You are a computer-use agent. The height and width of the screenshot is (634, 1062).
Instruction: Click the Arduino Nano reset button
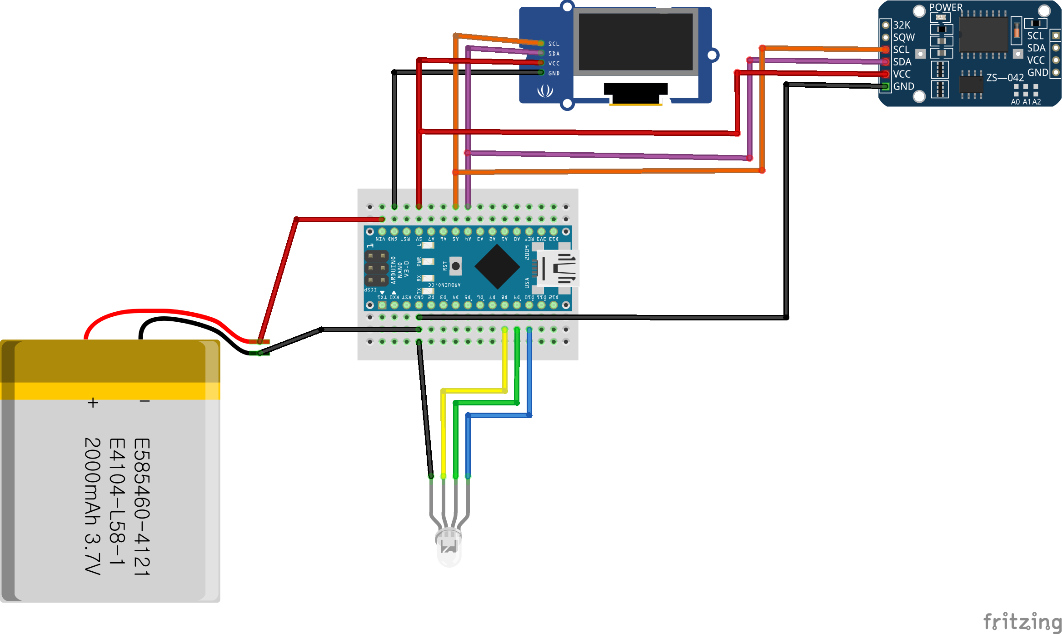pyautogui.click(x=455, y=266)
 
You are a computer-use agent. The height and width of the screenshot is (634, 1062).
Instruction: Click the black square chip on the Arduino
pyautogui.click(x=497, y=267)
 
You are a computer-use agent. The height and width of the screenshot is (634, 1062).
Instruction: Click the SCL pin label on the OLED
pyautogui.click(x=553, y=44)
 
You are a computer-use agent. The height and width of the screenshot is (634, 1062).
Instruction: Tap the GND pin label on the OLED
pyautogui.click(x=553, y=73)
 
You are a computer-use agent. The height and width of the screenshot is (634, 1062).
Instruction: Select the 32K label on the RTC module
pyautogui.click(x=902, y=25)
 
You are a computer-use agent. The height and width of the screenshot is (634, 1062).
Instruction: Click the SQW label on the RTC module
pyautogui.click(x=903, y=38)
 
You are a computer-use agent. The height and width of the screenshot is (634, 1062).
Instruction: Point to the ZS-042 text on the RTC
pyautogui.click(x=1005, y=78)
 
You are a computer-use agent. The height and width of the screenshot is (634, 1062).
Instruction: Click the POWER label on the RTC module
pyautogui.click(x=945, y=7)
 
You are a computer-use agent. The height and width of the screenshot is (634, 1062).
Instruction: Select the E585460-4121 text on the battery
pyautogui.click(x=142, y=507)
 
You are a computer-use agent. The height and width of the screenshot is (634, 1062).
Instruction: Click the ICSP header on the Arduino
pyautogui.click(x=377, y=268)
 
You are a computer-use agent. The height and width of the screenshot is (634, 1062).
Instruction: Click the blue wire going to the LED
pyautogui.click(x=468, y=445)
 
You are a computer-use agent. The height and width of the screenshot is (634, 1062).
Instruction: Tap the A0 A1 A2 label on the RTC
pyautogui.click(x=1026, y=102)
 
